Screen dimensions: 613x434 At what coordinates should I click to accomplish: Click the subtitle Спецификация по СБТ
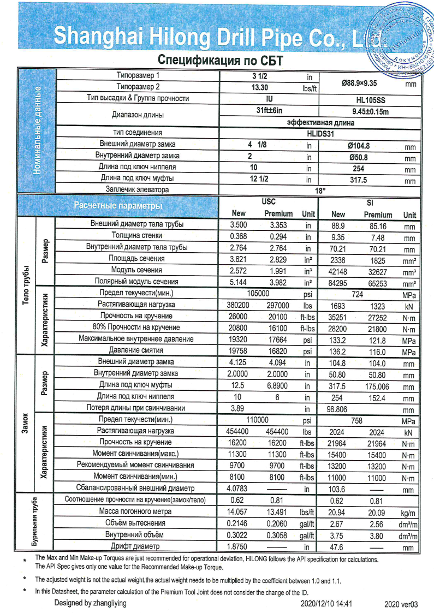(x=221, y=59)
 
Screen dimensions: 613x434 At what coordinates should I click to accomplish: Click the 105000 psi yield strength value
(x=258, y=294)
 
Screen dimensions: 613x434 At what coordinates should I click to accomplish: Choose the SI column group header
(x=369, y=202)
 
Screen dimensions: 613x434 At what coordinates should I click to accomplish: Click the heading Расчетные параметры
(x=118, y=206)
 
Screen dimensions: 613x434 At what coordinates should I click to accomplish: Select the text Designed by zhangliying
(x=90, y=603)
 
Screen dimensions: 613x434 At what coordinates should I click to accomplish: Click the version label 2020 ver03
(x=401, y=604)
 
